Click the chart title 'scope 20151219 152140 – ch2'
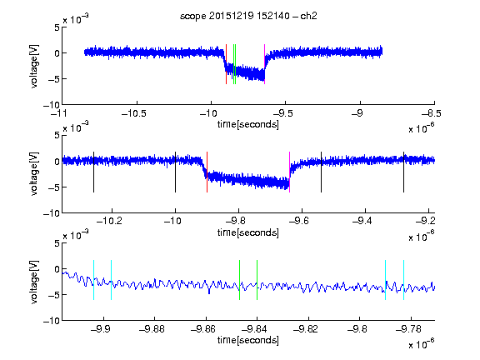(248, 16)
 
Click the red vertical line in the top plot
(226, 64)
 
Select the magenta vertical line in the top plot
(264, 64)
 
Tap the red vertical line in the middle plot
(207, 172)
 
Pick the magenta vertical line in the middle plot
(290, 172)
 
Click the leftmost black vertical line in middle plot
(93, 172)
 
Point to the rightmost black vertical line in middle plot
(403, 172)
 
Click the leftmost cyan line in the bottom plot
(93, 280)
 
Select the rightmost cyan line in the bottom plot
(403, 280)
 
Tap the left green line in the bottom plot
(239, 280)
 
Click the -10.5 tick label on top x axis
(134, 114)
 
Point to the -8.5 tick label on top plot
(432, 114)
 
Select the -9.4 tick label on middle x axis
(362, 221)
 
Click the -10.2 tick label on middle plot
(109, 221)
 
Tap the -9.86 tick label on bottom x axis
(203, 329)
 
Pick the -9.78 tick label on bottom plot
(408, 329)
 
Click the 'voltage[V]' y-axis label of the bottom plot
(34, 282)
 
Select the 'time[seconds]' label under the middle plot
(248, 232)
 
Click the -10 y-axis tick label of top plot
(52, 105)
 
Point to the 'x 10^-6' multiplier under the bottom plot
(422, 343)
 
